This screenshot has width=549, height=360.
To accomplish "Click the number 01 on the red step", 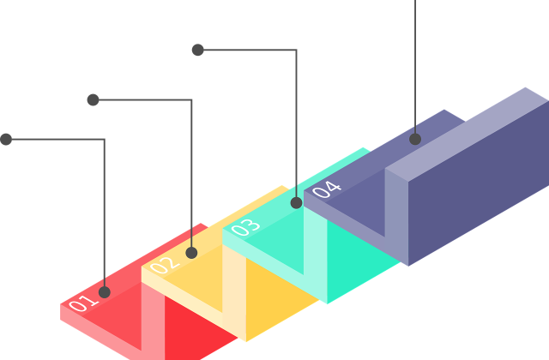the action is (83, 303).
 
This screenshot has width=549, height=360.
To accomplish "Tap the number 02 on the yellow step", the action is (165, 265).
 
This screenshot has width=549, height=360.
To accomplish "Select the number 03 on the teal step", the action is (245, 227).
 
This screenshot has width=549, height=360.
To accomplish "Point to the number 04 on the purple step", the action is (326, 189).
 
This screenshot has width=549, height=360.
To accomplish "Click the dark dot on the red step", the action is (105, 292).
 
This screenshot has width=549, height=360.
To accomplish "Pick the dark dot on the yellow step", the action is (191, 253).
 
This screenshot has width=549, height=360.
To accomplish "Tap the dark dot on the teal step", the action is (297, 202).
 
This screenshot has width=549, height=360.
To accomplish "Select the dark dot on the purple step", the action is (415, 139).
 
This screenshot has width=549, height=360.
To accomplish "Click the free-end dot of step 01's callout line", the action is (6, 139).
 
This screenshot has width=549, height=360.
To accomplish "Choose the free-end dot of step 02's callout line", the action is (93, 99).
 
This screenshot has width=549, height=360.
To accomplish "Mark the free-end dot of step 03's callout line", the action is (198, 50).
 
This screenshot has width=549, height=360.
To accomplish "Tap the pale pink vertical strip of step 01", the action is (153, 322).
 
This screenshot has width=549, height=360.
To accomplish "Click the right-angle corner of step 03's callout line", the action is (297, 50).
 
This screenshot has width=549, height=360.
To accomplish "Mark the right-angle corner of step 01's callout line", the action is (105, 140).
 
